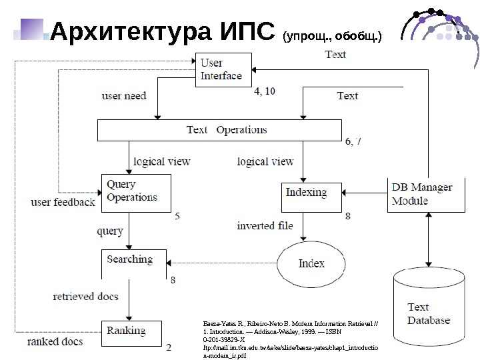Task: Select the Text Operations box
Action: pyautogui.click(x=219, y=130)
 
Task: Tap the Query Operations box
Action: pyautogui.click(x=135, y=191)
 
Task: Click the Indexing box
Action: pyautogui.click(x=307, y=193)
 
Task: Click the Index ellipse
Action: pyautogui.click(x=311, y=263)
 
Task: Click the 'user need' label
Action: pyautogui.click(x=124, y=96)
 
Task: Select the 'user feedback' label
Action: pyautogui.click(x=63, y=202)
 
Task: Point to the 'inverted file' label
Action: pyautogui.click(x=265, y=226)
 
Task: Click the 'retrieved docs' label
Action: pyautogui.click(x=86, y=296)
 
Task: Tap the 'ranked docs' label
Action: pyautogui.click(x=55, y=342)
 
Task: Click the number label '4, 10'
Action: pyautogui.click(x=265, y=91)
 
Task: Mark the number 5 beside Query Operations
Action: pyautogui.click(x=177, y=216)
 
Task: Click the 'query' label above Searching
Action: pyautogui.click(x=110, y=231)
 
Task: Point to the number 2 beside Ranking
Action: pyautogui.click(x=169, y=347)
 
